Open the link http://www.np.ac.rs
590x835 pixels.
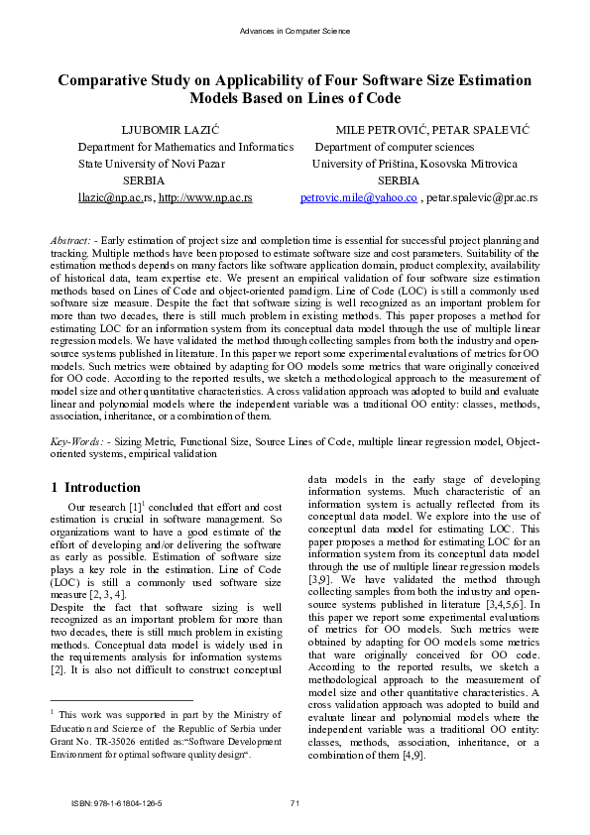click(x=204, y=198)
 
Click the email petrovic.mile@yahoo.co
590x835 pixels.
click(x=358, y=198)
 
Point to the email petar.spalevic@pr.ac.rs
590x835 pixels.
click(x=482, y=198)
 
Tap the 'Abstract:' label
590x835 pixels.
click(x=71, y=241)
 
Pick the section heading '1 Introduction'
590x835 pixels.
click(x=95, y=488)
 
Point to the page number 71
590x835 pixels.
click(x=295, y=802)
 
